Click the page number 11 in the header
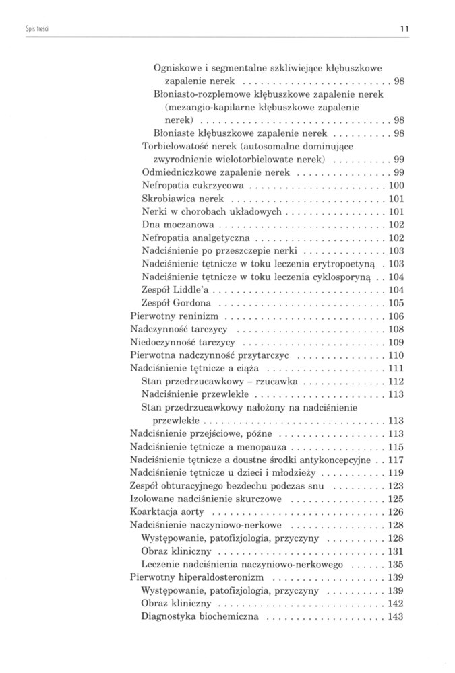406,29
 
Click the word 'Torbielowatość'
177,146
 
